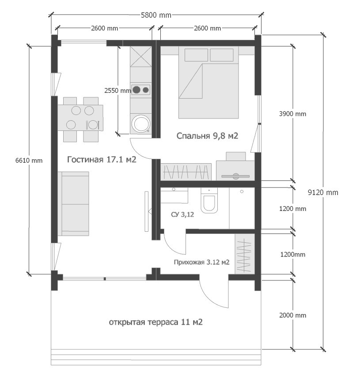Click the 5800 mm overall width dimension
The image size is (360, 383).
pyautogui.click(x=156, y=15)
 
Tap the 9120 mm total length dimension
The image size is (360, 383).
pyautogui.click(x=323, y=192)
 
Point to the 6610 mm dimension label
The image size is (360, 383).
pyautogui.click(x=29, y=161)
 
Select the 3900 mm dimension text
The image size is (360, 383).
pyautogui.click(x=292, y=114)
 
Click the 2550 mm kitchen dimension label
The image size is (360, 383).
pyautogui.click(x=117, y=91)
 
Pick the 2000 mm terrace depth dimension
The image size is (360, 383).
pyautogui.click(x=292, y=315)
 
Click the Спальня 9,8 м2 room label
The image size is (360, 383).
pyautogui.click(x=207, y=136)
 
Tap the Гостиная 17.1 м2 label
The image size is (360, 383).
pyautogui.click(x=102, y=160)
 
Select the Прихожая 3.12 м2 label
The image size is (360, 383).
pyautogui.click(x=201, y=262)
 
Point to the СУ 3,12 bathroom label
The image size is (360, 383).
pyautogui.click(x=182, y=214)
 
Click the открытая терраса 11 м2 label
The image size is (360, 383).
pyautogui.click(x=155, y=322)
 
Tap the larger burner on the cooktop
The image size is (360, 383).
pyautogui.click(x=136, y=90)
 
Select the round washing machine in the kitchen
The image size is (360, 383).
pyautogui.click(x=140, y=124)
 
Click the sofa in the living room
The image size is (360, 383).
pyautogui.click(x=73, y=204)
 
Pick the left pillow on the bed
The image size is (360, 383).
pyautogui.click(x=196, y=55)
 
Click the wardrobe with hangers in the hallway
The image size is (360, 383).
pyautogui.click(x=245, y=254)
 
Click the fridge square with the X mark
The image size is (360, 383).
pyautogui.click(x=140, y=57)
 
